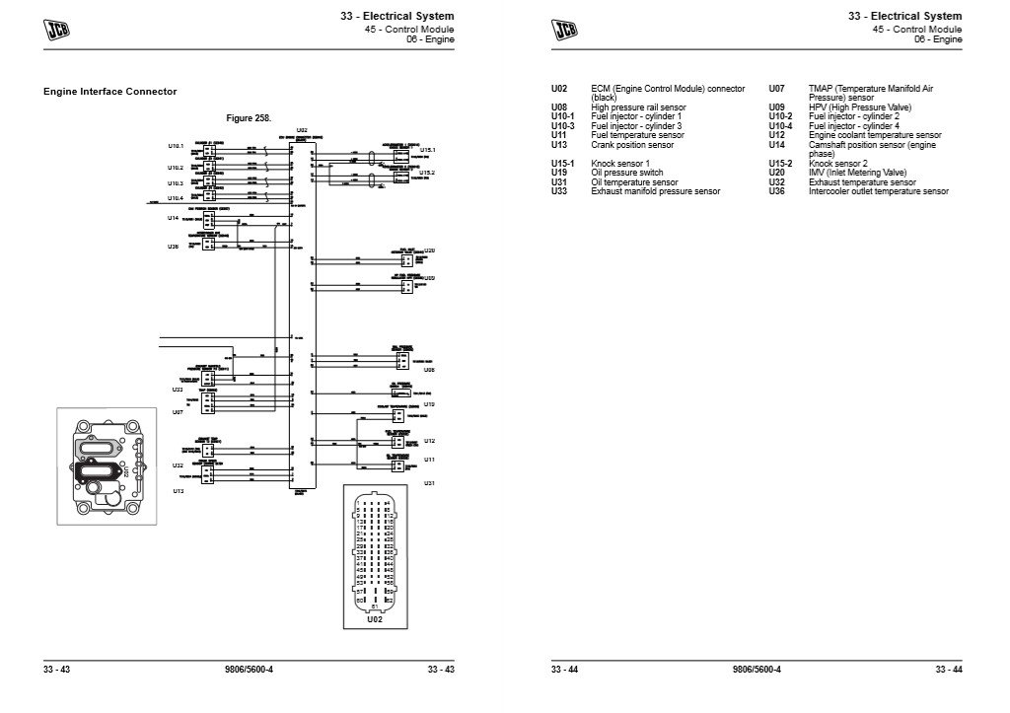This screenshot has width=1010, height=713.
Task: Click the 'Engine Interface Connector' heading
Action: click(110, 92)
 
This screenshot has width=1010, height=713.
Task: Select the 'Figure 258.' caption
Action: click(249, 117)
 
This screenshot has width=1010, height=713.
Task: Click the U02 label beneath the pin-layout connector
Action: click(374, 619)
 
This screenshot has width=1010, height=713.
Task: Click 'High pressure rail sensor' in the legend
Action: click(638, 107)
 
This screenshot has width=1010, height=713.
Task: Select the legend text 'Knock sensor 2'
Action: click(837, 164)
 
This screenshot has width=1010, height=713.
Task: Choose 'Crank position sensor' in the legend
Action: click(631, 145)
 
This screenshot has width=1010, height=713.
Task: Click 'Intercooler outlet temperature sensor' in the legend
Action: click(878, 191)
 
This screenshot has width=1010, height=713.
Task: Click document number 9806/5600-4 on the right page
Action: click(757, 671)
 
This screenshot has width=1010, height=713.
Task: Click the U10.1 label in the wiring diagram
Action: click(176, 146)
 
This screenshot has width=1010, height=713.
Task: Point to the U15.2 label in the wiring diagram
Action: click(427, 174)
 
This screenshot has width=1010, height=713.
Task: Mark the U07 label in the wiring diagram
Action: click(179, 411)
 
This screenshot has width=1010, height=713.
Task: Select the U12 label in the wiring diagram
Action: click(429, 441)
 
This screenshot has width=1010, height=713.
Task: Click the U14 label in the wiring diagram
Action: click(173, 218)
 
